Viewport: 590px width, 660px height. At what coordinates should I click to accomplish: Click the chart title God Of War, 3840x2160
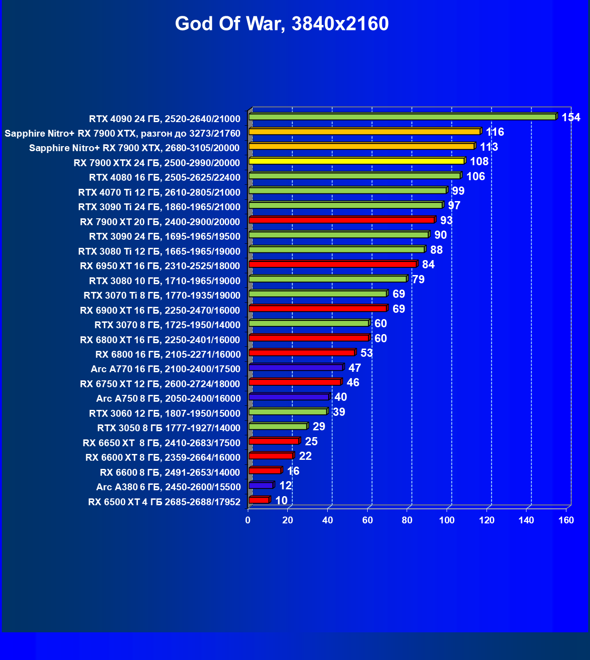(282, 24)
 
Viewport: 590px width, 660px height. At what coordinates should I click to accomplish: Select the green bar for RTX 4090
(402, 117)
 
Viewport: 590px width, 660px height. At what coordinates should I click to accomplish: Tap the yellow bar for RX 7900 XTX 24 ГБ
(356, 161)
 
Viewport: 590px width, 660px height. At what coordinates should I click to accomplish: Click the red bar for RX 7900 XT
(341, 220)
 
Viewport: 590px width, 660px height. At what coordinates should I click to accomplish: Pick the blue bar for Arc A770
(295, 367)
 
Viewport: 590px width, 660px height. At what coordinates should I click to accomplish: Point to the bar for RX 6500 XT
(259, 500)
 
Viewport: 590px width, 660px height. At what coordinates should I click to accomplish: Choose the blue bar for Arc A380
(261, 485)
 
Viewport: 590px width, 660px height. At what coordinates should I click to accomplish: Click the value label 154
(570, 118)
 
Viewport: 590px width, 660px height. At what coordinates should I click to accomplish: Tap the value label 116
(495, 132)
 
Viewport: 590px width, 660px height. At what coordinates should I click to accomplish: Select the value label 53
(366, 353)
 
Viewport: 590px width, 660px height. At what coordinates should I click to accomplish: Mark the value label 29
(319, 427)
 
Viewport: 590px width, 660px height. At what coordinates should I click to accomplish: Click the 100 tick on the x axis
(447, 520)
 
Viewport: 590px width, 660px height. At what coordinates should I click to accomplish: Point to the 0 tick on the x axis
(248, 520)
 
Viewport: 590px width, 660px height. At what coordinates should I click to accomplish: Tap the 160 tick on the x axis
(566, 520)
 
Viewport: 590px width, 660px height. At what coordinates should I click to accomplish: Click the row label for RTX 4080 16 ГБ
(164, 177)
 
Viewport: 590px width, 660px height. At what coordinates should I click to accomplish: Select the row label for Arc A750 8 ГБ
(168, 399)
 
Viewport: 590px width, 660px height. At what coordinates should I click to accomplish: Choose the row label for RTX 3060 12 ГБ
(164, 414)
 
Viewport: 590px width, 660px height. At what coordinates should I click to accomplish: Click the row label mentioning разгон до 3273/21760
(122, 133)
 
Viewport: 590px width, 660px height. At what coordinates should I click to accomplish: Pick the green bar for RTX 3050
(278, 426)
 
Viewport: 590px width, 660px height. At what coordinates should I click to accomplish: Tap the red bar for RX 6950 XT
(333, 264)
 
